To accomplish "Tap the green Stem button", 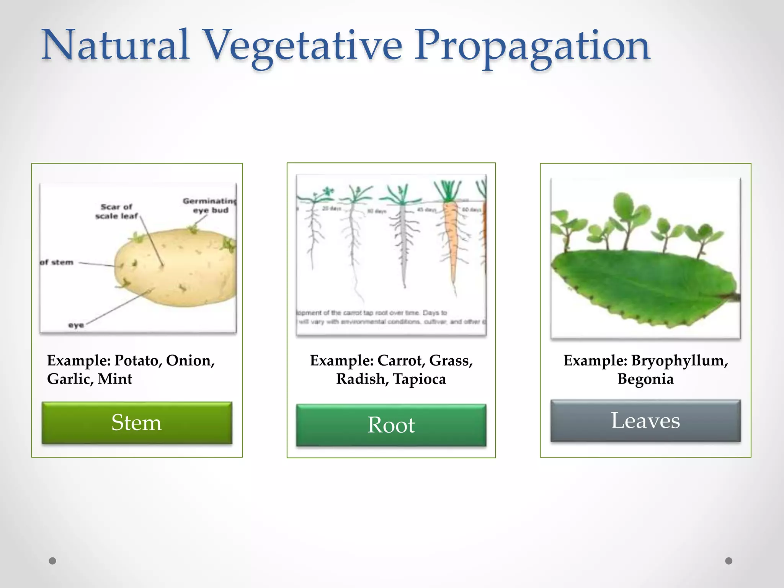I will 137,423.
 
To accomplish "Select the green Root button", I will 391,425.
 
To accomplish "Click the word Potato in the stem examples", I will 136,361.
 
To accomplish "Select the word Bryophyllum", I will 679,361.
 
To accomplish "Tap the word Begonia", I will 645,379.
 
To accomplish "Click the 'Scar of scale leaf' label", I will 116,211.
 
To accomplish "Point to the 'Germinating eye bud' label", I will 210,206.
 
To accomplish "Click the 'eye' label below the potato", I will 76,325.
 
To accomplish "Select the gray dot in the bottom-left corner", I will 52,561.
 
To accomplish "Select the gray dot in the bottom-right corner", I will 729,561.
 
